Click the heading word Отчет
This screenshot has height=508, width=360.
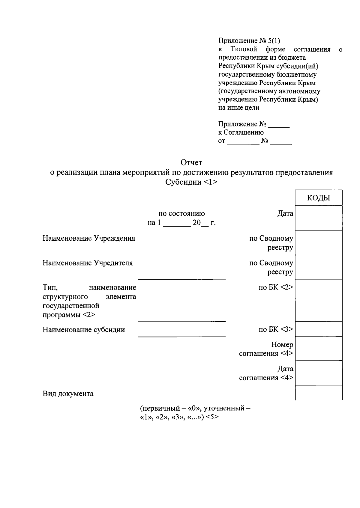point(191,163)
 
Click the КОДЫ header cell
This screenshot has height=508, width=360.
point(318,198)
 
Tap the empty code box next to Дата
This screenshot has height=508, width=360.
point(318,218)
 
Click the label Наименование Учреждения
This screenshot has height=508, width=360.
point(89,238)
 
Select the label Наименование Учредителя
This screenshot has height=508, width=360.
point(88,263)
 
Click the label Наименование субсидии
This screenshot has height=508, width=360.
point(84,330)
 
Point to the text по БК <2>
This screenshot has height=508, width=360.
point(276,287)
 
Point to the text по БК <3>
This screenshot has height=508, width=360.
point(276,330)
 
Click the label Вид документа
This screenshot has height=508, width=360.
point(68,394)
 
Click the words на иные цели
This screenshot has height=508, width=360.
point(238,107)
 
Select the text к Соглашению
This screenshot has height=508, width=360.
point(241,132)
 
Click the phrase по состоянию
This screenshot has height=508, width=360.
point(181,214)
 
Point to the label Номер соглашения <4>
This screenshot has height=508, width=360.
point(266,349)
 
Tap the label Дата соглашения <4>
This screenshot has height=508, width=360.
point(266,373)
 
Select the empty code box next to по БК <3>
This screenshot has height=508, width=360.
point(318,329)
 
